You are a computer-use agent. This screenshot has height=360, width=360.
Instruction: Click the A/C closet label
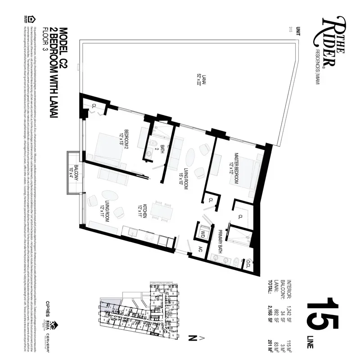[x=201, y=250]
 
